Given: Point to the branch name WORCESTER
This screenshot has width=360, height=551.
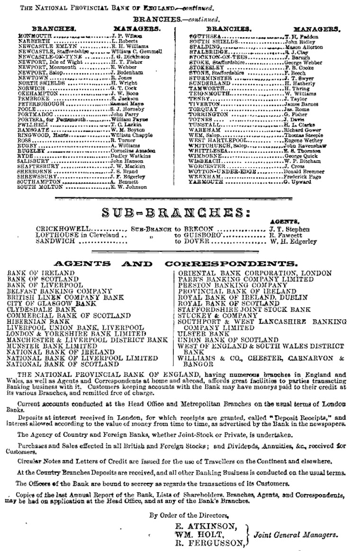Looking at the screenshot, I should point(207,166).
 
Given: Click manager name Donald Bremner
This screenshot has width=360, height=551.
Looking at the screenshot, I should point(305,171).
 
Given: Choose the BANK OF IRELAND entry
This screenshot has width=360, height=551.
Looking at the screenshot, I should point(41,273).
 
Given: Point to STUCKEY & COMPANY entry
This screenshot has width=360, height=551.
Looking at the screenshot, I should point(211,316).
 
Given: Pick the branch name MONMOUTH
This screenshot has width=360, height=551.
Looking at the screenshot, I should point(35,36).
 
